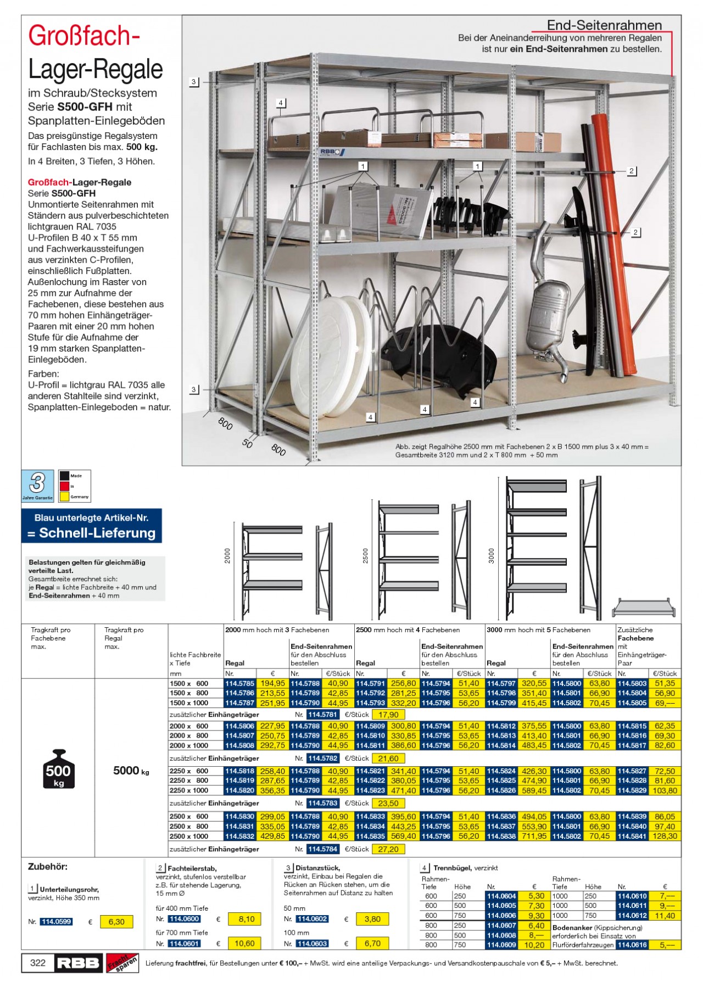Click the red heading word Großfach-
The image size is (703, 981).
click(83, 37)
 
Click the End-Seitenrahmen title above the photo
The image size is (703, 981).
click(604, 25)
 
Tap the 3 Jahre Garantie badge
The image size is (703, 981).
click(37, 486)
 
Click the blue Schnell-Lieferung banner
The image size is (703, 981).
click(92, 526)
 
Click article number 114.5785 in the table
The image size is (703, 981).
click(240, 683)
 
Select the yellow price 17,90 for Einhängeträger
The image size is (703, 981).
click(388, 715)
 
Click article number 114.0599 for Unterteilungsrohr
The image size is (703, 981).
click(55, 921)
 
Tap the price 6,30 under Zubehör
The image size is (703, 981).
click(116, 922)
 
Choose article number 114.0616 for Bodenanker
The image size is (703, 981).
click(632, 945)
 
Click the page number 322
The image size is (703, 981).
click(38, 962)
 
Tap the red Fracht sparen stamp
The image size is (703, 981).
click(121, 962)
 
